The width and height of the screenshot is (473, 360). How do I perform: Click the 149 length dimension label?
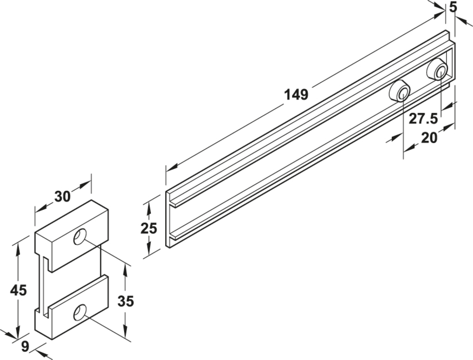[x=297, y=94]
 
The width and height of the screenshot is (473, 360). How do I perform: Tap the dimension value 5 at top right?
[x=453, y=7]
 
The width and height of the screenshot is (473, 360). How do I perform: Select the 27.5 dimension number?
[x=423, y=119]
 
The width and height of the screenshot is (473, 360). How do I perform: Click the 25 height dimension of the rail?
[x=148, y=228]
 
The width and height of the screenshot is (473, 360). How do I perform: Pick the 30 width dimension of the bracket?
[x=63, y=196]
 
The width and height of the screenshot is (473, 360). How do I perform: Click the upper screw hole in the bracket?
[x=80, y=237]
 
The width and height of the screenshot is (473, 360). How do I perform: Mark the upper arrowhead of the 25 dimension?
[x=149, y=205]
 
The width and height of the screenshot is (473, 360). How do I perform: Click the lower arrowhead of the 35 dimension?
[x=125, y=332]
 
